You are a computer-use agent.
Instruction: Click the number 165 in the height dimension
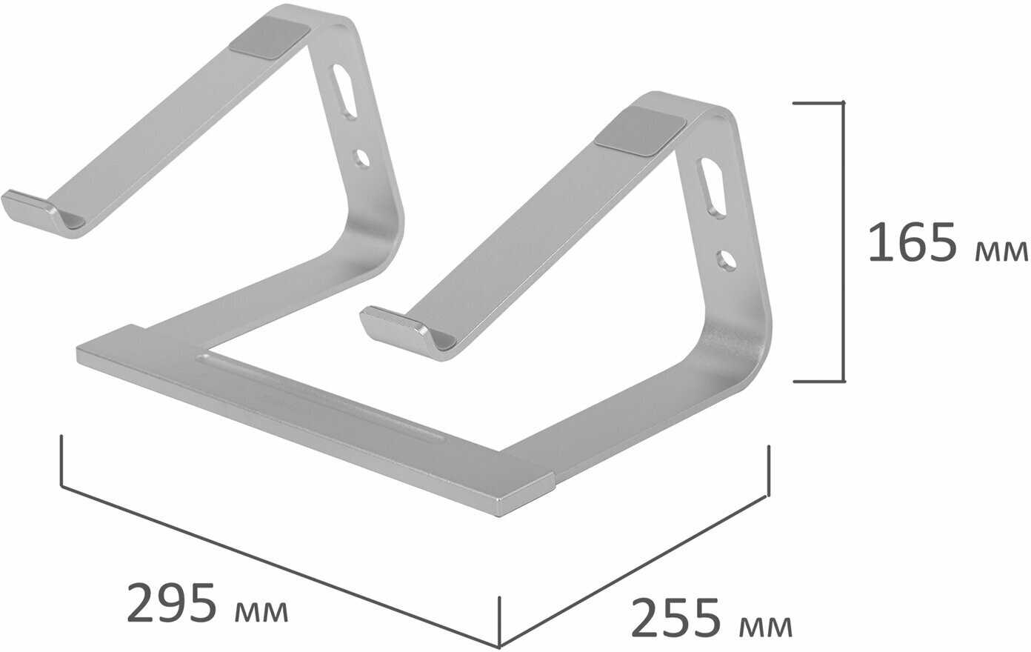click(x=914, y=242)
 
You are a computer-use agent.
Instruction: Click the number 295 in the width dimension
click(x=173, y=604)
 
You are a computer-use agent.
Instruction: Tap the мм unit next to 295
click(x=261, y=612)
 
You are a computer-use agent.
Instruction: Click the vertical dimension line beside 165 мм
click(x=843, y=242)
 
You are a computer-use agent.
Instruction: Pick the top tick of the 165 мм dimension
click(x=819, y=103)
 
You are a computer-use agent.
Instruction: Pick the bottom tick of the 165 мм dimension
click(x=819, y=382)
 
